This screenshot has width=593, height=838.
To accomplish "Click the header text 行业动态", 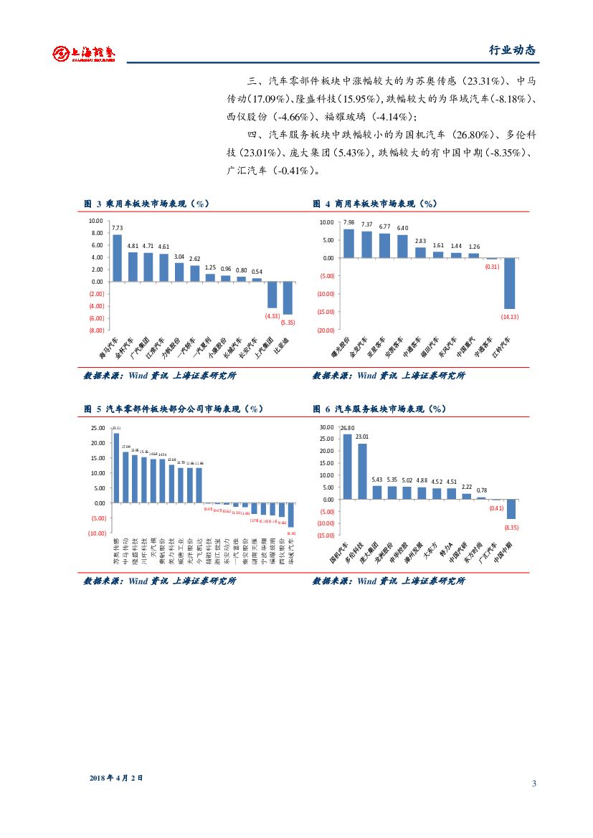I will tap(511, 51).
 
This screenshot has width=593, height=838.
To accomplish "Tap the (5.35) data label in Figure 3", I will tap(288, 322).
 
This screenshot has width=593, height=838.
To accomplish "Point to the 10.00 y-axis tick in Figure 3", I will tap(96, 221).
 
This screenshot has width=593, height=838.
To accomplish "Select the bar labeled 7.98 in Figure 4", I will tap(349, 243).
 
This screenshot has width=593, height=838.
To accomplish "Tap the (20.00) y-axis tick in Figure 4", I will tap(326, 330).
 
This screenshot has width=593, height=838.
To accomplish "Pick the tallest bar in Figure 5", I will tap(116, 467).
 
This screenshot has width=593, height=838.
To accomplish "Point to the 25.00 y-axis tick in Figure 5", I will tap(98, 428).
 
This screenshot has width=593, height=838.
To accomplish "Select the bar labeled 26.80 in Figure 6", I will tap(347, 467).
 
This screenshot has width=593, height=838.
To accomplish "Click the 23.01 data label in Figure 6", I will tap(362, 437).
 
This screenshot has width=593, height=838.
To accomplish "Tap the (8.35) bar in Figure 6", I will tap(511, 509).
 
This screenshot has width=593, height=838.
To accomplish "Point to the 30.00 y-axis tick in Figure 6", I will tap(326, 427).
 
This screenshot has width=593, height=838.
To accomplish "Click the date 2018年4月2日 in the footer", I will tap(116, 778).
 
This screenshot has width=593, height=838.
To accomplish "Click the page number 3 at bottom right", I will tap(533, 783).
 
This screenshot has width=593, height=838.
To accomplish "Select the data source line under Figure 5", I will tap(159, 581).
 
